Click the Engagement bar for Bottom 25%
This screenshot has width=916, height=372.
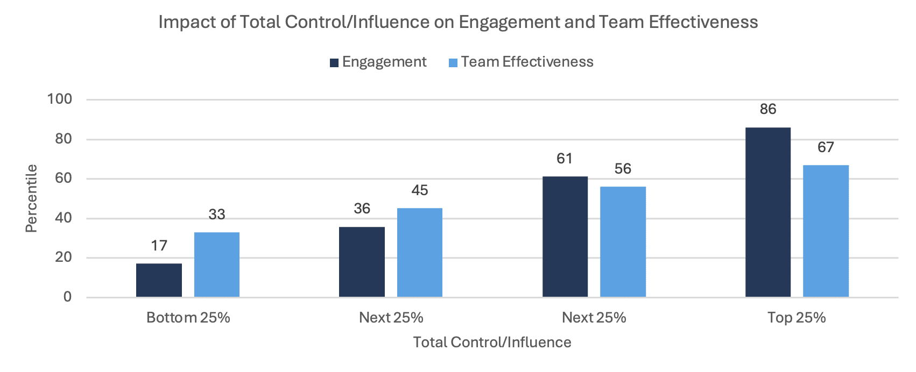click(159, 280)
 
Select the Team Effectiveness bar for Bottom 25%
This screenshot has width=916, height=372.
click(217, 264)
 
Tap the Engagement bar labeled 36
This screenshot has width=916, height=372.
click(362, 262)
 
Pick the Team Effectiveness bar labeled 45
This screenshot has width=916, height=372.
click(420, 253)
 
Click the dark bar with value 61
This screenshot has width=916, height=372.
click(565, 237)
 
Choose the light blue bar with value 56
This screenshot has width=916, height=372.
click(623, 242)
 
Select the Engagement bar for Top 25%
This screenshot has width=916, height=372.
click(768, 212)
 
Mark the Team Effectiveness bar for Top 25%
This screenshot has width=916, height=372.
click(826, 231)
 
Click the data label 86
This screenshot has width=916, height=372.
click(768, 109)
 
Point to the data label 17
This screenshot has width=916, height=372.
click(159, 246)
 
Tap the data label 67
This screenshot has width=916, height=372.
click(826, 147)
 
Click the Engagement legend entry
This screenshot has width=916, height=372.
click(384, 62)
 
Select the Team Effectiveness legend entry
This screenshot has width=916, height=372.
click(527, 62)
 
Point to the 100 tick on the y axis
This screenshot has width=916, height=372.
click(60, 99)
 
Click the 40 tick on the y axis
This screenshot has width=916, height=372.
click(63, 218)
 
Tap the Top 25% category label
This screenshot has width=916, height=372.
click(797, 318)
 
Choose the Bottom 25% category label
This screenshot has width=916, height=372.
click(188, 318)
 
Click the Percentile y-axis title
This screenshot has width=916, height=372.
click(31, 198)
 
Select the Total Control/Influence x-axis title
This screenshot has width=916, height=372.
click(492, 342)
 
